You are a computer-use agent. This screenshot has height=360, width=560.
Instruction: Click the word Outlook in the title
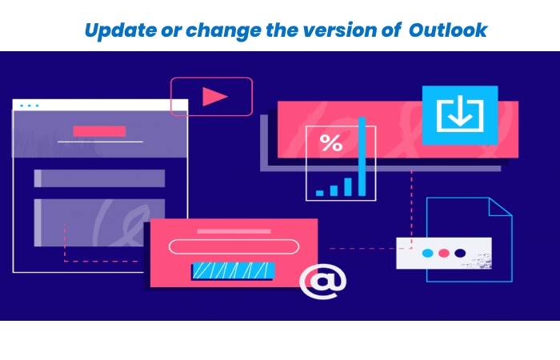(448, 30)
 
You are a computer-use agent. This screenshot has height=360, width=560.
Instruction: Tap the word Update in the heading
(121, 30)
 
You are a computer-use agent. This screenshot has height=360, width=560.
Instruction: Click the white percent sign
(331, 143)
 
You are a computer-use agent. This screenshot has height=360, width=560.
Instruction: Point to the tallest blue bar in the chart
(362, 157)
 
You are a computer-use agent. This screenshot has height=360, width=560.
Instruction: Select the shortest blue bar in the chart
(320, 193)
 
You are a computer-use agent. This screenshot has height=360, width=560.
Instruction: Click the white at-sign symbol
(323, 281)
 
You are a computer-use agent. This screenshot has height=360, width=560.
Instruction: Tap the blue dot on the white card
(427, 254)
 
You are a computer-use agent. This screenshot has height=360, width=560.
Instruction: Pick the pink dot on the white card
(443, 254)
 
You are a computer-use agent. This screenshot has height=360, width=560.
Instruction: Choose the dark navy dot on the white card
(460, 254)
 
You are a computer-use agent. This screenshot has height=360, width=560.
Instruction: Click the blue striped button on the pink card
(234, 270)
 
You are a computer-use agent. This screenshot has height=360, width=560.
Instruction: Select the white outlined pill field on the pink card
(234, 246)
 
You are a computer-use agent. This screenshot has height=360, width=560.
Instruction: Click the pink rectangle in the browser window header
(99, 131)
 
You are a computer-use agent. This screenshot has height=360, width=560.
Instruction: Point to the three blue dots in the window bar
(30, 106)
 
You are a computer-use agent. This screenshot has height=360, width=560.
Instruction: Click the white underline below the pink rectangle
(100, 142)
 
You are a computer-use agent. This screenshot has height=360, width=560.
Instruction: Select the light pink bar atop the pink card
(234, 231)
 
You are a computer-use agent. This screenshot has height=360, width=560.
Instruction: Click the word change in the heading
(223, 30)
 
